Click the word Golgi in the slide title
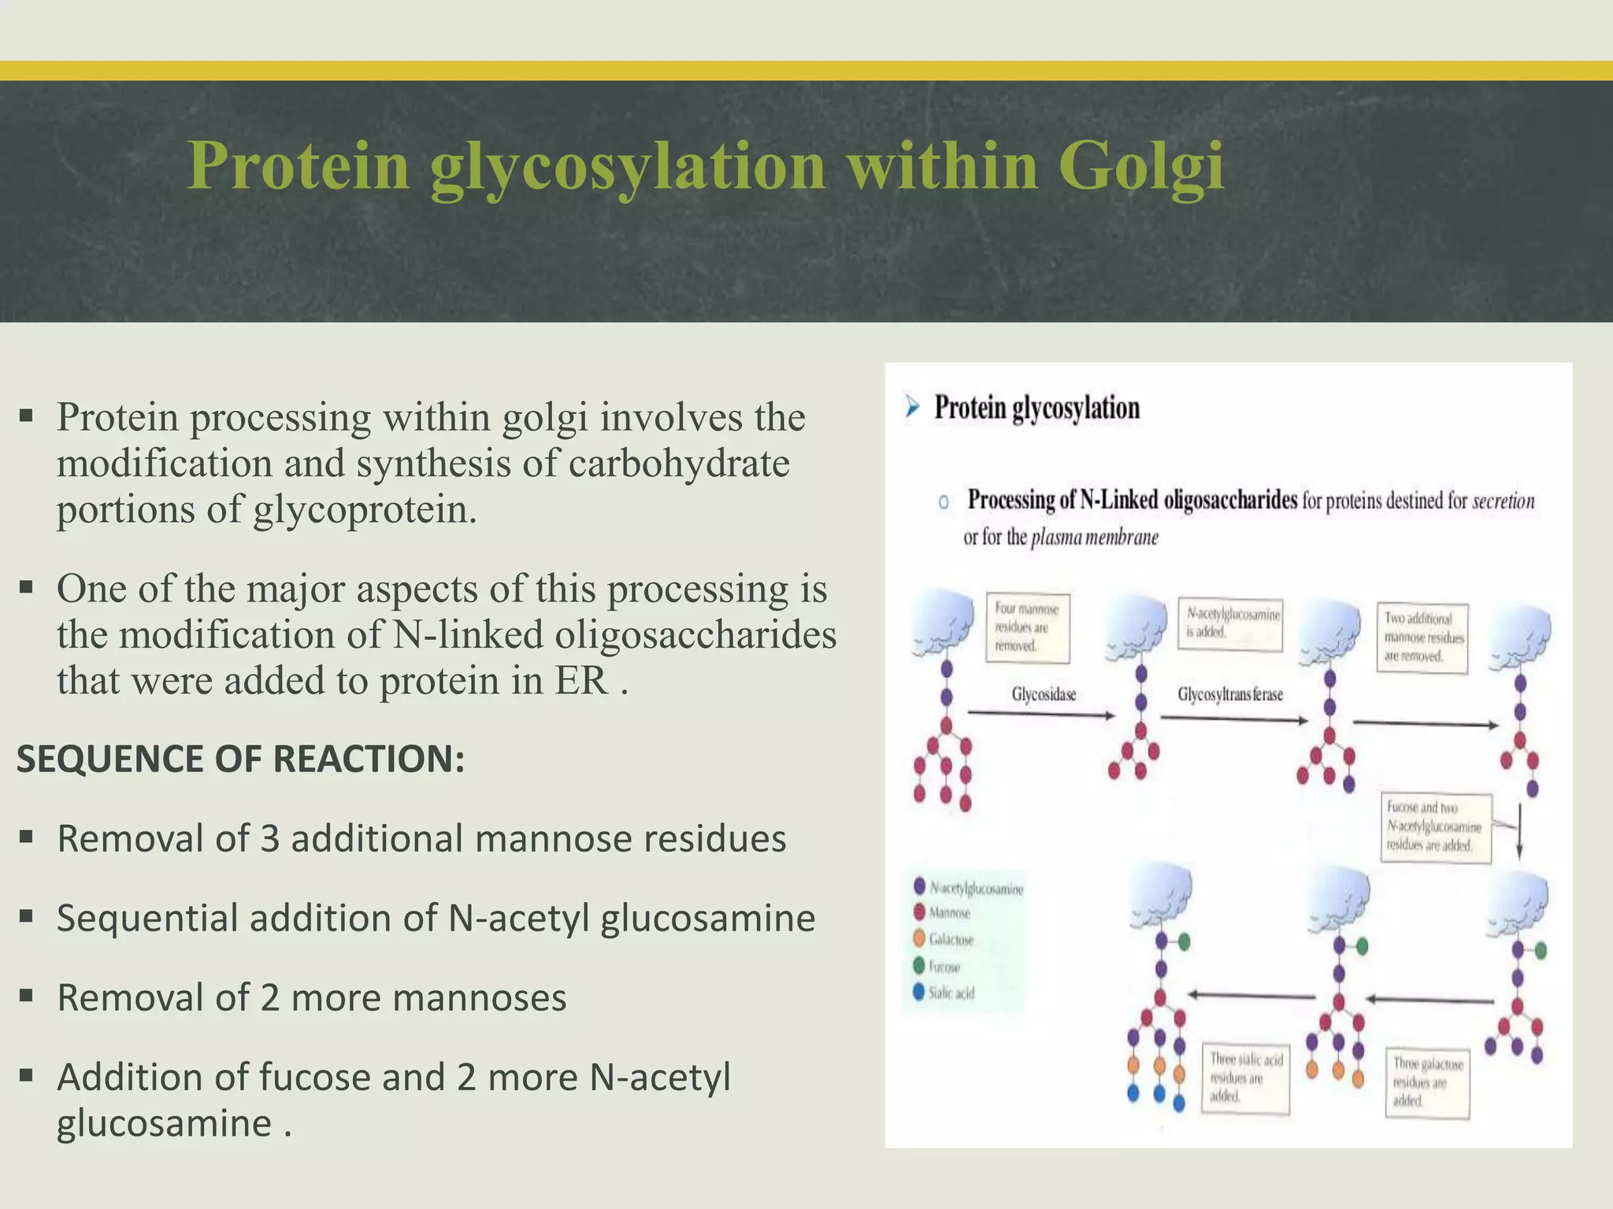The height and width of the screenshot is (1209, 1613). pyautogui.click(x=1140, y=167)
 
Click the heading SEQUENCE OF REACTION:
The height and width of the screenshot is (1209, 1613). pyautogui.click(x=240, y=760)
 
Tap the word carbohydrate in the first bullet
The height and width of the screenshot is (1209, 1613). pyautogui.click(x=679, y=464)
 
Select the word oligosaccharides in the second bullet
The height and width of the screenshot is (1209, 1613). pyautogui.click(x=695, y=635)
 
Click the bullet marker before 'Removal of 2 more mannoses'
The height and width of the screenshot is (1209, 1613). pyautogui.click(x=27, y=996)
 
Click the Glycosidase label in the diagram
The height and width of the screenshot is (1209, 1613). pyautogui.click(x=1044, y=694)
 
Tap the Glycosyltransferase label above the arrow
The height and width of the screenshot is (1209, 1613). pyautogui.click(x=1230, y=694)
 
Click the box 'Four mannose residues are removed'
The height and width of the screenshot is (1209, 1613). pyautogui.click(x=1027, y=627)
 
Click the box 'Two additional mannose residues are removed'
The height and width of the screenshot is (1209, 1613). pyautogui.click(x=1422, y=638)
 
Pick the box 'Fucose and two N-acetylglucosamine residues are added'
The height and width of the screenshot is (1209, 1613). pyautogui.click(x=1435, y=826)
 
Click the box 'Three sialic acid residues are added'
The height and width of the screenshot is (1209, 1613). pyautogui.click(x=1245, y=1078)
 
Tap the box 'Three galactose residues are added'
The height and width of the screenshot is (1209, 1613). pyautogui.click(x=1427, y=1082)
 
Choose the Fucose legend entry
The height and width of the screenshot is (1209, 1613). pyautogui.click(x=942, y=967)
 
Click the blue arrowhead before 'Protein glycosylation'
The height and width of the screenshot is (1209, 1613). pyautogui.click(x=912, y=408)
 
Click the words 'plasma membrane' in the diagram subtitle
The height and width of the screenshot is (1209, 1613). pyautogui.click(x=1095, y=538)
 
